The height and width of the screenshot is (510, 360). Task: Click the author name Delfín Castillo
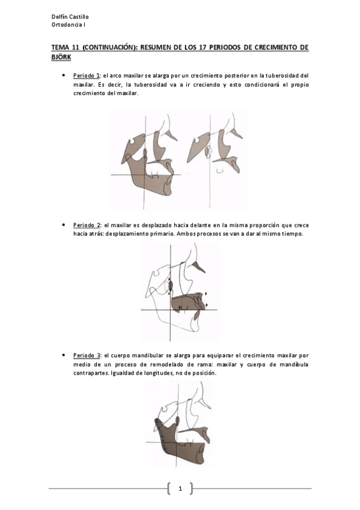tap(70, 17)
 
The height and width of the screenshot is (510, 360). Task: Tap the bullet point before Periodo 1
tap(63, 76)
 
